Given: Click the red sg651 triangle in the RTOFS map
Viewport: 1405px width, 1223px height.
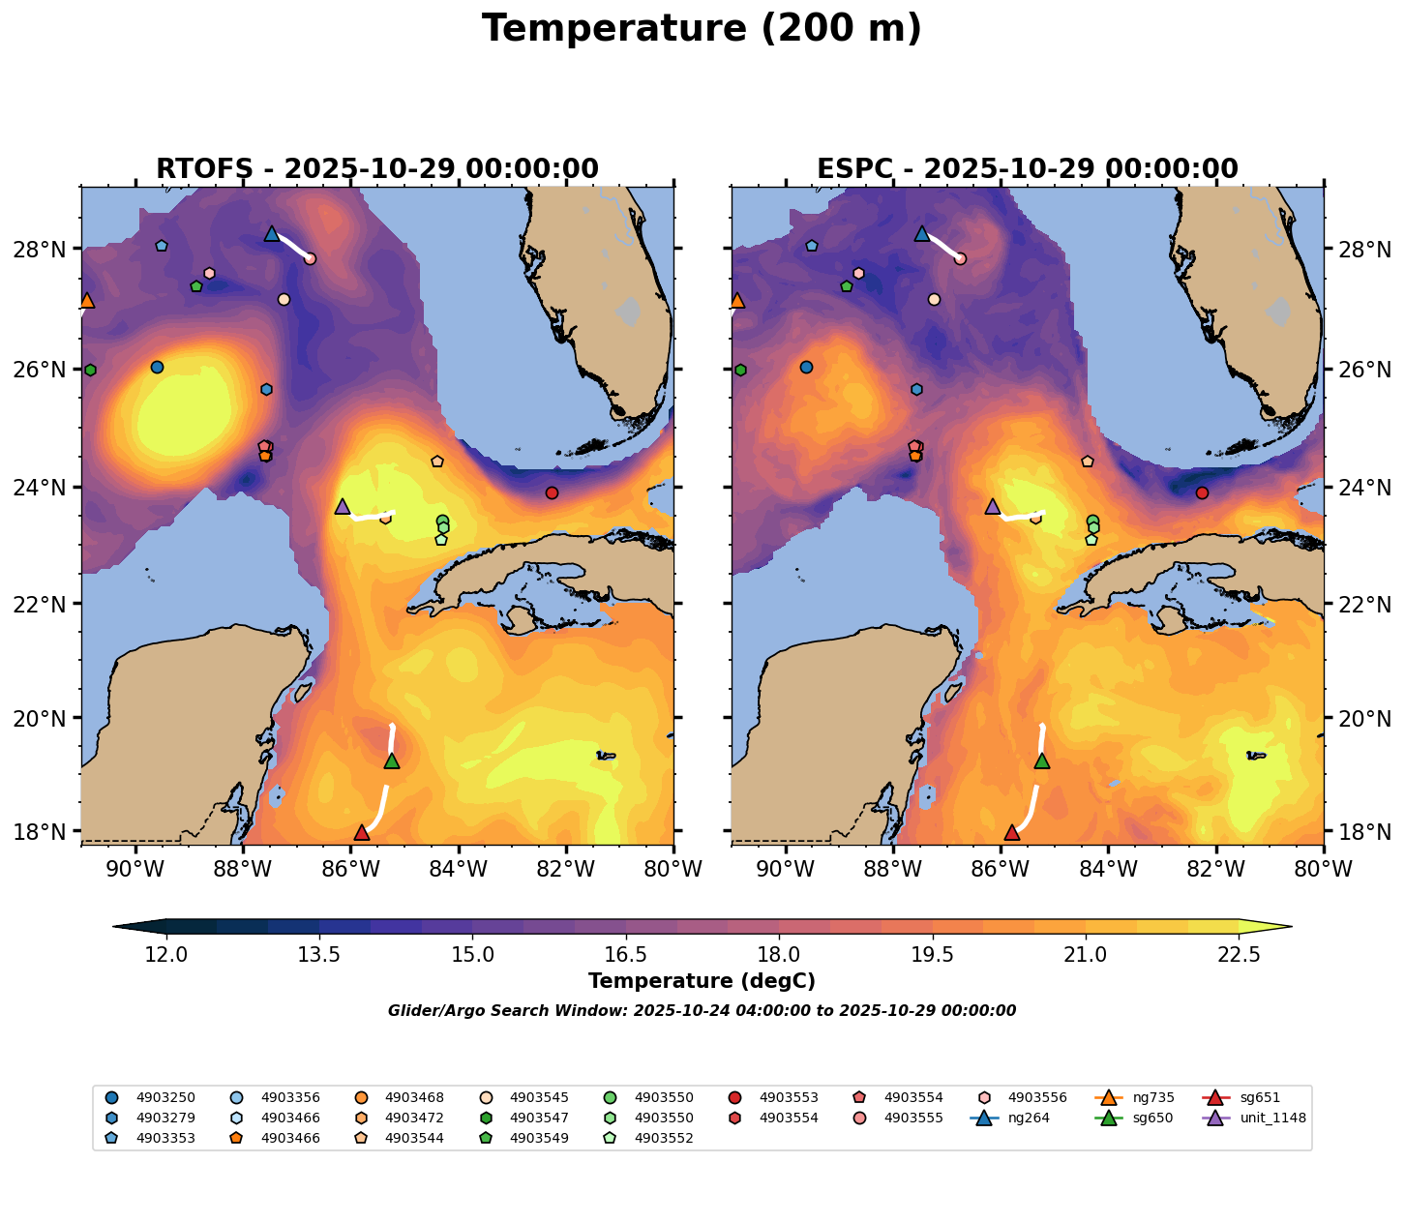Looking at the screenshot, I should click(x=362, y=832).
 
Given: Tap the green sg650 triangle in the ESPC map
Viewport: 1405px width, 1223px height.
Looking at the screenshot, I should click(x=1042, y=761).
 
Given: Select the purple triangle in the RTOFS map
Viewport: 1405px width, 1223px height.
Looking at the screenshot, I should click(x=342, y=506).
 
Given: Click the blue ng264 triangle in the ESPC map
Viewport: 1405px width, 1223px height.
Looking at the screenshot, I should click(x=921, y=233).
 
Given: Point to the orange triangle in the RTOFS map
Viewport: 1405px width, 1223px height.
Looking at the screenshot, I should click(x=87, y=300).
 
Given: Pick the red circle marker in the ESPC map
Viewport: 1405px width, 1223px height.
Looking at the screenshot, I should click(x=1202, y=492).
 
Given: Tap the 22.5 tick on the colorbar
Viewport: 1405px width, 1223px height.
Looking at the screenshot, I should click(x=1239, y=955).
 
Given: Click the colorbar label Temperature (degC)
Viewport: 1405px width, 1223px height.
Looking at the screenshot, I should click(x=702, y=981).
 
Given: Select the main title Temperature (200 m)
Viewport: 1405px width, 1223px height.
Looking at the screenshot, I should click(x=702, y=29).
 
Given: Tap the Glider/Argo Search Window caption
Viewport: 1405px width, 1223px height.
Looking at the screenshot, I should click(x=702, y=1011).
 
